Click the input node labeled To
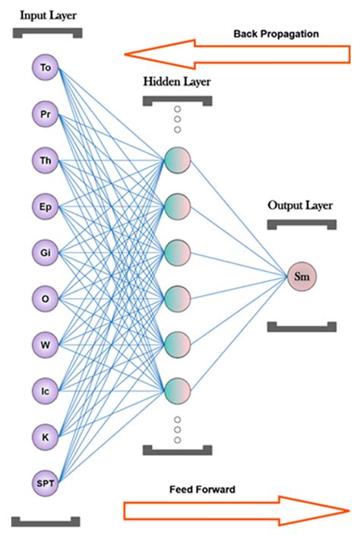tap(46, 68)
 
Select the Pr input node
tap(46, 114)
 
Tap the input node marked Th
tap(46, 160)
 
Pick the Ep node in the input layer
tap(46, 205)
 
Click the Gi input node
tap(46, 252)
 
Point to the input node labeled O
tap(46, 298)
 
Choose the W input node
tap(46, 344)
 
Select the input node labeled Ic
tap(46, 390)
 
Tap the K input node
tap(46, 436)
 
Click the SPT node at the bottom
tap(46, 482)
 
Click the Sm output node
tap(302, 277)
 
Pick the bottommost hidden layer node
tap(176, 391)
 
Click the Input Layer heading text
tap(47, 15)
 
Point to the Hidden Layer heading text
tap(176, 81)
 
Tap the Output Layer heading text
tap(301, 205)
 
